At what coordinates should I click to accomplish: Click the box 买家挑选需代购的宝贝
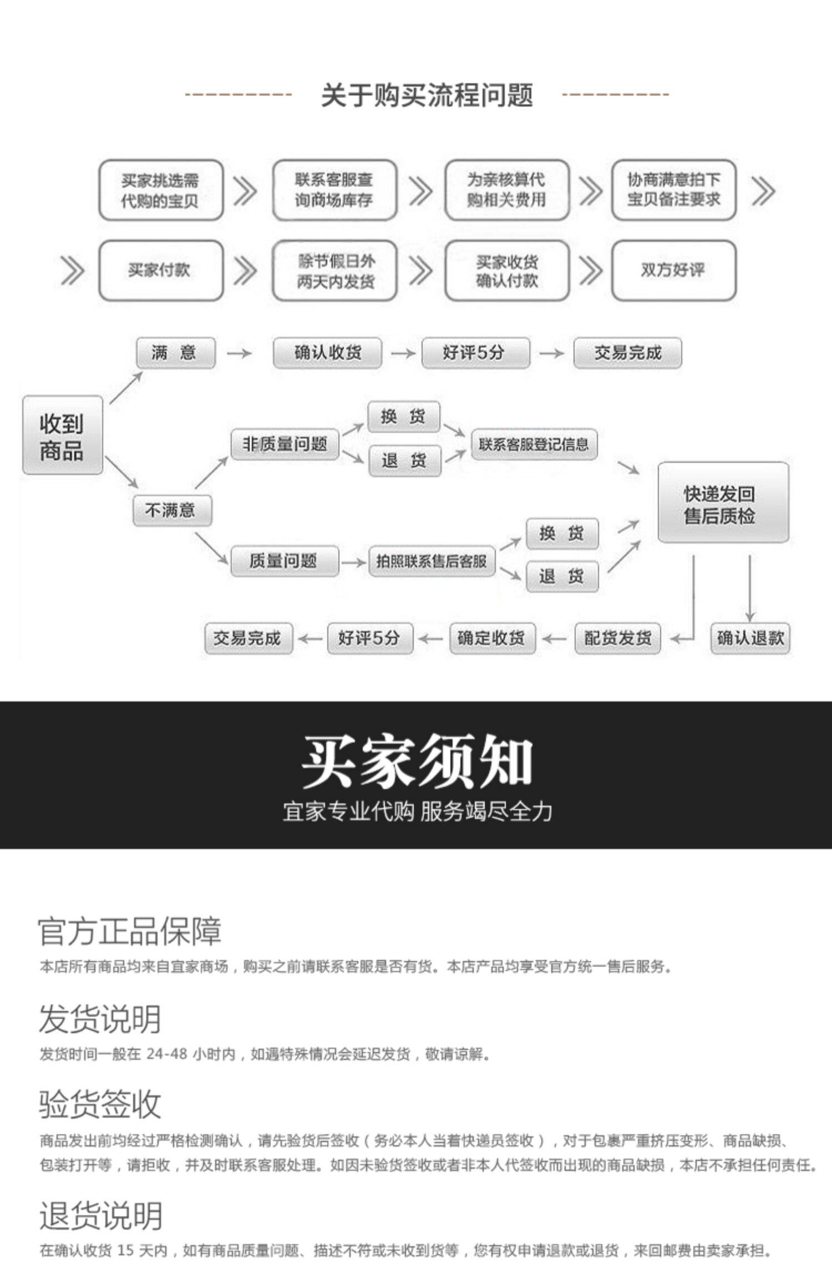(160, 190)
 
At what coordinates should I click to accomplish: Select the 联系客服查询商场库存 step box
(334, 190)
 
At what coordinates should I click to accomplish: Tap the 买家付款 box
(160, 270)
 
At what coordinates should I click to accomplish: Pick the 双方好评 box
(673, 270)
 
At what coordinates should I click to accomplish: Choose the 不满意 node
(172, 510)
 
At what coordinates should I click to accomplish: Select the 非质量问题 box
(285, 444)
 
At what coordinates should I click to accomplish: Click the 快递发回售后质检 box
(723, 503)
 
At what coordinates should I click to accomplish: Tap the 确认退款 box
(750, 638)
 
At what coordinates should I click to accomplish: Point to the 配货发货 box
(617, 638)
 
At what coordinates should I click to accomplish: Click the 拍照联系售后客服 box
(431, 561)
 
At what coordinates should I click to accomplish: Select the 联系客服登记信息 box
(534, 444)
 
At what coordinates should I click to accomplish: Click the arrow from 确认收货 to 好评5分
(403, 353)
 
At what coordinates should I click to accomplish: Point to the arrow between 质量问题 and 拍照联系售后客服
(353, 562)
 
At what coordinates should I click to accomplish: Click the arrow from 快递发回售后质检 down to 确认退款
(750, 588)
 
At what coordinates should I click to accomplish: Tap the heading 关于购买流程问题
(427, 95)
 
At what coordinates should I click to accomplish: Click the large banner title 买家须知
(416, 761)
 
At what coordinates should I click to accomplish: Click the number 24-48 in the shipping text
(166, 1053)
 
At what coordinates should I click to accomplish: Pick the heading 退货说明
(100, 1216)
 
